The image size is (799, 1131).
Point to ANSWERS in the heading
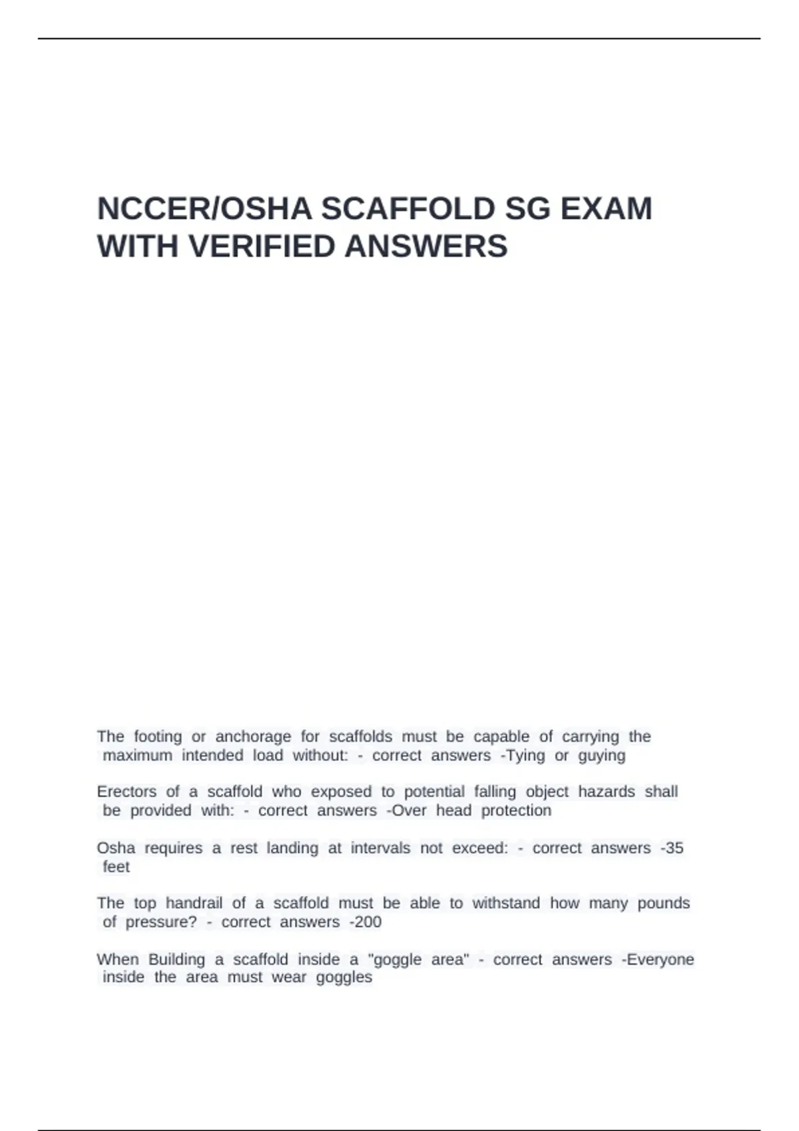pyautogui.click(x=426, y=247)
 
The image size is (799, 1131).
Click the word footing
pyautogui.click(x=158, y=736)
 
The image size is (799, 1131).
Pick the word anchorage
pyautogui.click(x=253, y=736)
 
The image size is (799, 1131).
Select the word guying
pyautogui.click(x=602, y=756)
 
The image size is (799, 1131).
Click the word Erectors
pyautogui.click(x=127, y=792)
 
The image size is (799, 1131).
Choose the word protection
pyautogui.click(x=516, y=810)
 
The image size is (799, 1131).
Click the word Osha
pyautogui.click(x=116, y=848)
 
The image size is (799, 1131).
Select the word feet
pyautogui.click(x=117, y=866)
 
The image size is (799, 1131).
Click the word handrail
pyautogui.click(x=194, y=903)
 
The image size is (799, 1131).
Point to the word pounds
pyautogui.click(x=663, y=903)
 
